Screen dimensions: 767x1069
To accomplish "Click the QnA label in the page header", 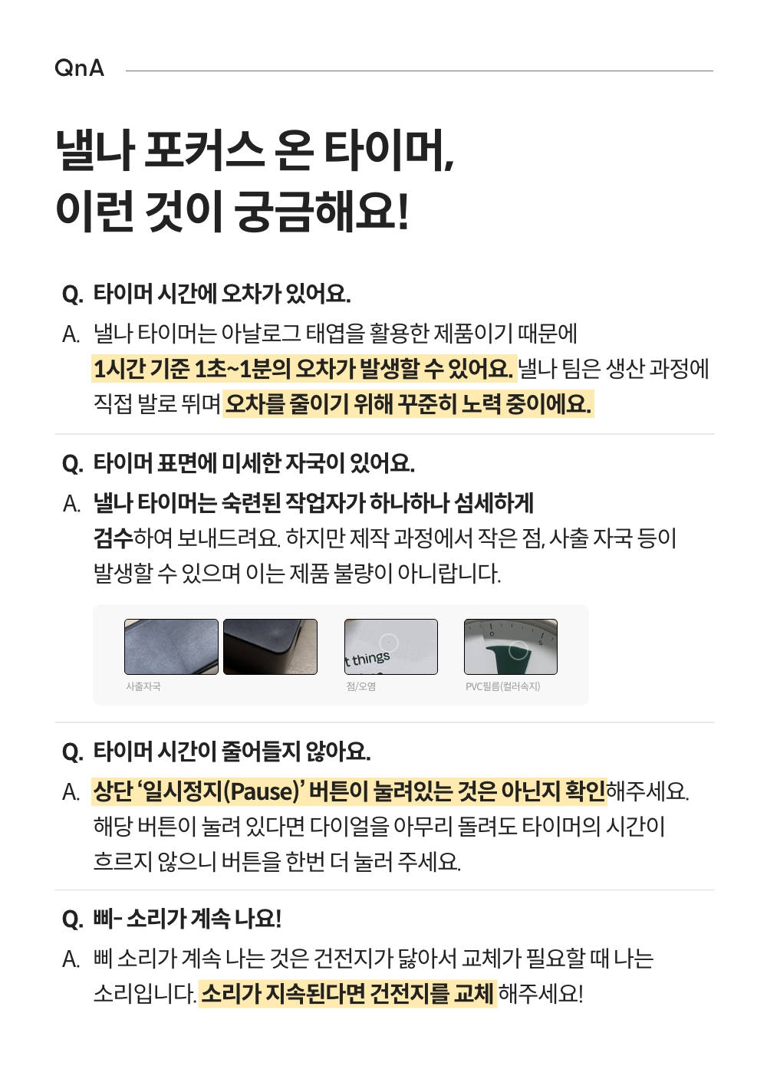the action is (x=79, y=67).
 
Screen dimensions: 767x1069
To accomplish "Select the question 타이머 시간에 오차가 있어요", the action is (x=222, y=293).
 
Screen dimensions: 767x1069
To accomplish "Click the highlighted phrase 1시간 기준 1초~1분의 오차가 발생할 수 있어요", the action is (x=304, y=368).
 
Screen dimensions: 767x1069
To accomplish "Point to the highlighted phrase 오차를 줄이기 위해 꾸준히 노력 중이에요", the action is (x=408, y=403).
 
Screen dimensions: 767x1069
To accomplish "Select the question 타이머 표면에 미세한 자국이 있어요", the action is (x=254, y=463).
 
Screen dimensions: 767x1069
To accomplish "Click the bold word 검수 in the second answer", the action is (x=113, y=538).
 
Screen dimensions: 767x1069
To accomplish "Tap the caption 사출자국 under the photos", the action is (x=143, y=686).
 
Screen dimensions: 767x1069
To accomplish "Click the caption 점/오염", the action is (x=360, y=686).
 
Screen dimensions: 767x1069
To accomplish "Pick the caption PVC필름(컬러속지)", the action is (x=502, y=686).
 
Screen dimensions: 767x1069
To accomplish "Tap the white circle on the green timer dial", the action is (x=518, y=650).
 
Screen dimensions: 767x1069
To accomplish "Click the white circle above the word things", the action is (x=389, y=643).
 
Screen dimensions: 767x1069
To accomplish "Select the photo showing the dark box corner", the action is (x=270, y=646).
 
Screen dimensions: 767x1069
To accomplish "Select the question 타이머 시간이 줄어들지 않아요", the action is (x=232, y=752).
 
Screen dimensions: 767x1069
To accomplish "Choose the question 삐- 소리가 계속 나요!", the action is (x=187, y=918).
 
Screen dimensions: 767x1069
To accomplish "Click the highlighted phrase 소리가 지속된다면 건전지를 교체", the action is (x=347, y=994).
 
